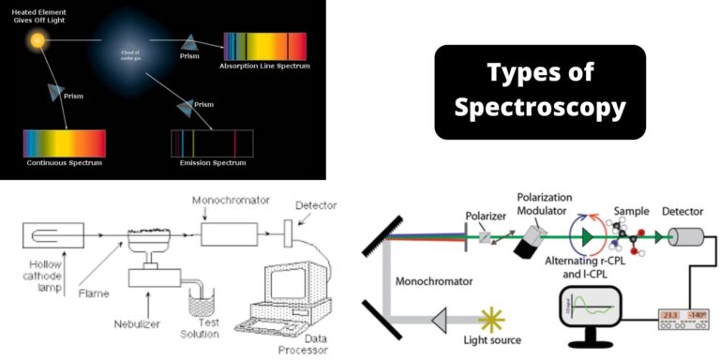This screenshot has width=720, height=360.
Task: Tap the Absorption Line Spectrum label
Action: (x=264, y=66)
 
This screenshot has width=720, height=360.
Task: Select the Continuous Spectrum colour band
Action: (x=65, y=142)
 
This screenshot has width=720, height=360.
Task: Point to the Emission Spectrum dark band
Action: (x=212, y=142)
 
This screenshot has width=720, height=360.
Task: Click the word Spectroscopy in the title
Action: (x=540, y=108)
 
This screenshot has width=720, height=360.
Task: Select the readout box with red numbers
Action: (x=680, y=316)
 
